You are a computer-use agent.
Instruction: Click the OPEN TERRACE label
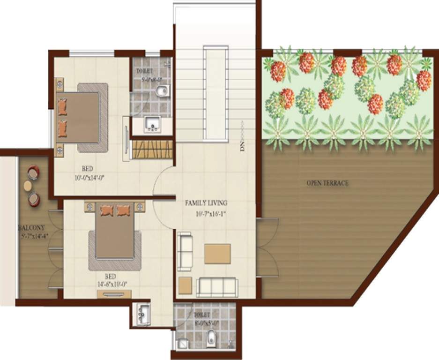tap(327, 183)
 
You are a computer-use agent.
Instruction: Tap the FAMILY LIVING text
tap(206, 203)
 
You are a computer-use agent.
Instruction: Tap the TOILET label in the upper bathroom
tap(144, 71)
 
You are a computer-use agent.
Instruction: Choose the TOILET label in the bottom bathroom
tap(201, 315)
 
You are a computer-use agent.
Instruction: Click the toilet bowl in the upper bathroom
tap(161, 91)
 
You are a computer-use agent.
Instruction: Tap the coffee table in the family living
tap(217, 254)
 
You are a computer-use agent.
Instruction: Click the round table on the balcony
tap(28, 186)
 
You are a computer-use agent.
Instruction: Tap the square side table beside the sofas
tap(185, 285)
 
